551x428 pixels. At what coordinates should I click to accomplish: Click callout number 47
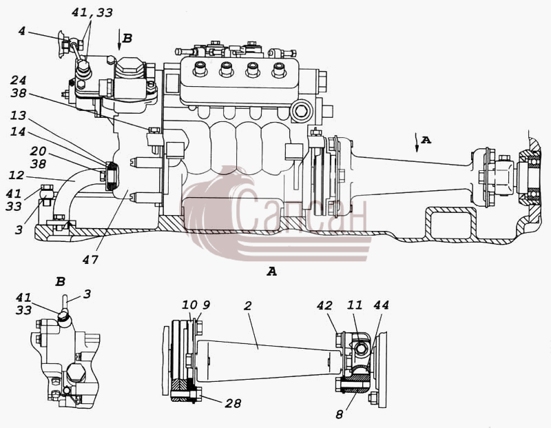[x=90, y=260]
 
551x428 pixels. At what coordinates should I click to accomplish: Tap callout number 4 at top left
[x=22, y=31]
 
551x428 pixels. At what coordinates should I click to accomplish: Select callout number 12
[x=17, y=175]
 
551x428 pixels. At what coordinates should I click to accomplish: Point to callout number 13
[x=18, y=116]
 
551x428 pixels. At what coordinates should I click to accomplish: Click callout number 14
[x=18, y=132]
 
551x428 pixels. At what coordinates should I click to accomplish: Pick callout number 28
[x=233, y=403]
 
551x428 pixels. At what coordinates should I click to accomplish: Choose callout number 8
[x=340, y=415]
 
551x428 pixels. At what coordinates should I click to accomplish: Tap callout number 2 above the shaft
[x=248, y=305]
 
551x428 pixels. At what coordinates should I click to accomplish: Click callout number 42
[x=324, y=305]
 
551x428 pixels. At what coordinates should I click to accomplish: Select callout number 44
[x=382, y=305]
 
